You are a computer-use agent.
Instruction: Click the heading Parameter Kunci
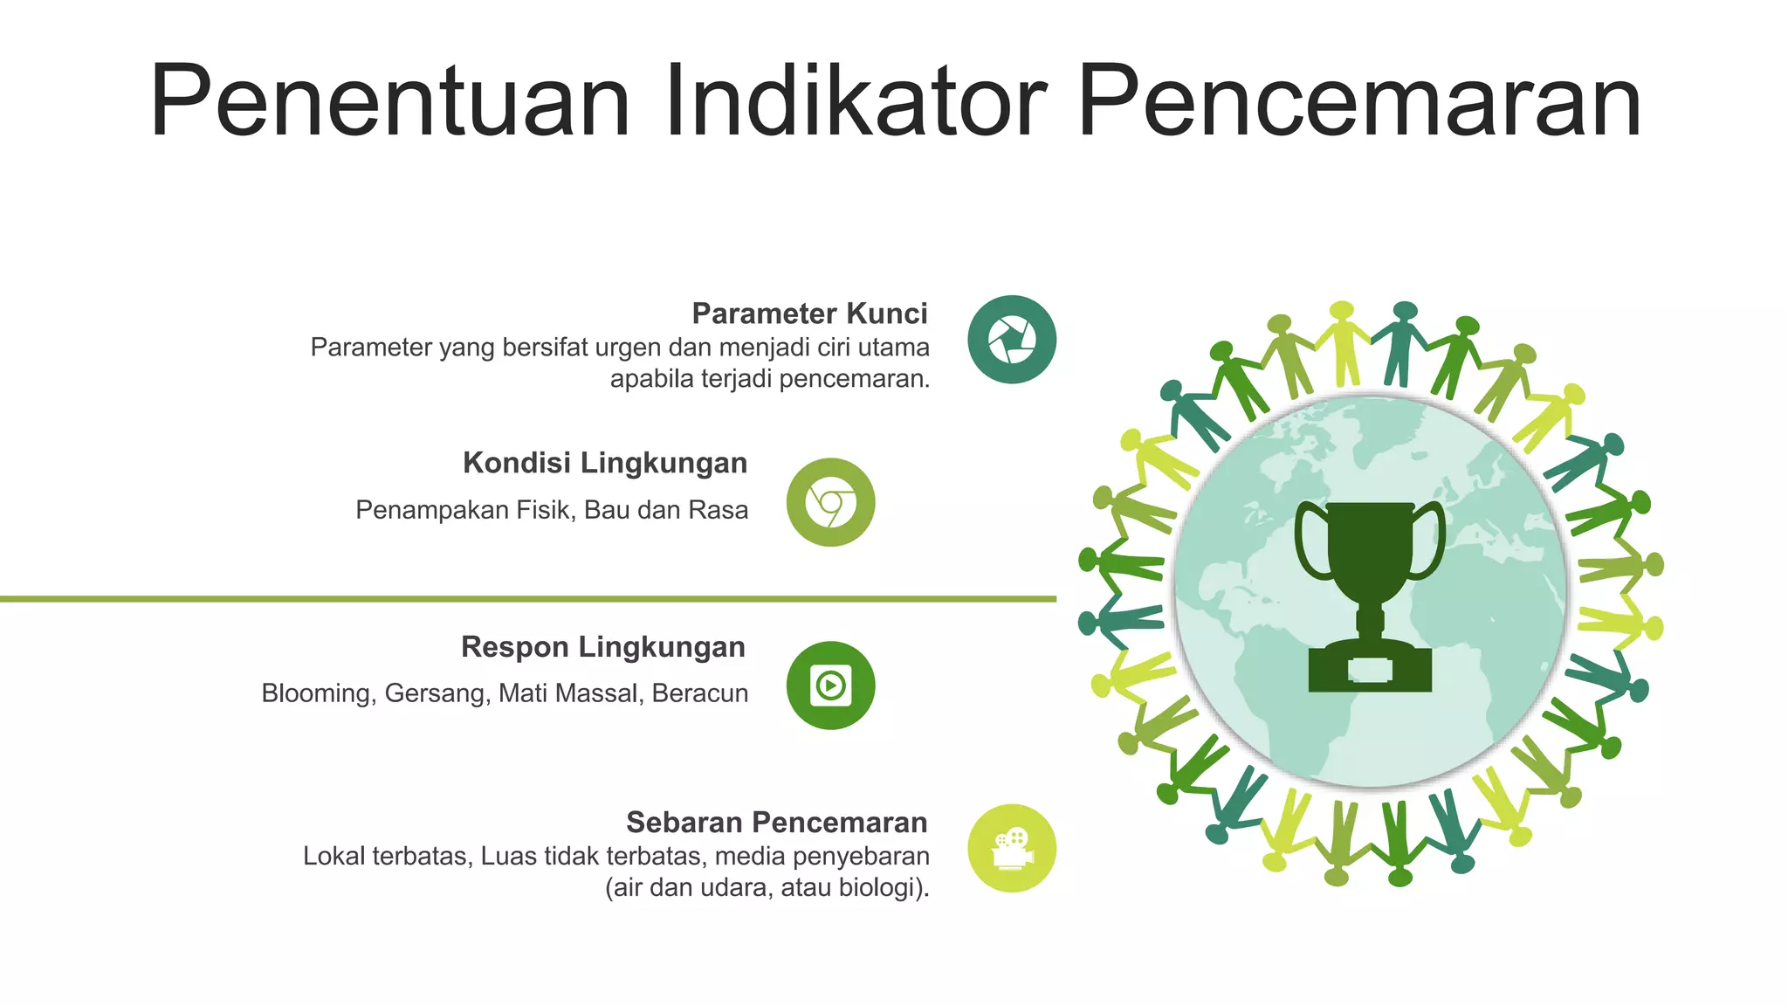pyautogui.click(x=809, y=314)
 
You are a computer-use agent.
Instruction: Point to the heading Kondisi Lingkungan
pyautogui.click(x=605, y=463)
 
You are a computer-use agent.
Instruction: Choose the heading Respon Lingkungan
pyautogui.click(x=603, y=647)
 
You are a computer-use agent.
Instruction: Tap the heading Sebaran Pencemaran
pyautogui.click(x=776, y=823)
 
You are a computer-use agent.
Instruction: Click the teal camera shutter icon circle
pyautogui.click(x=1012, y=340)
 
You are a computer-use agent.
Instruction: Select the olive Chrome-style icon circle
pyautogui.click(x=830, y=503)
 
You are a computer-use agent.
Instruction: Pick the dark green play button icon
pyautogui.click(x=830, y=686)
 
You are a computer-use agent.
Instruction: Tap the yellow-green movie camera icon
pyautogui.click(x=1012, y=848)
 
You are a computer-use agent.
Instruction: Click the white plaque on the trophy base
pyautogui.click(x=1370, y=671)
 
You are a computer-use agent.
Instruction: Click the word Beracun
pyautogui.click(x=700, y=693)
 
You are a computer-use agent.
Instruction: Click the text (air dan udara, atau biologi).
pyautogui.click(x=767, y=888)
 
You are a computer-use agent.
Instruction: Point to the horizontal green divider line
pyautogui.click(x=524, y=599)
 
